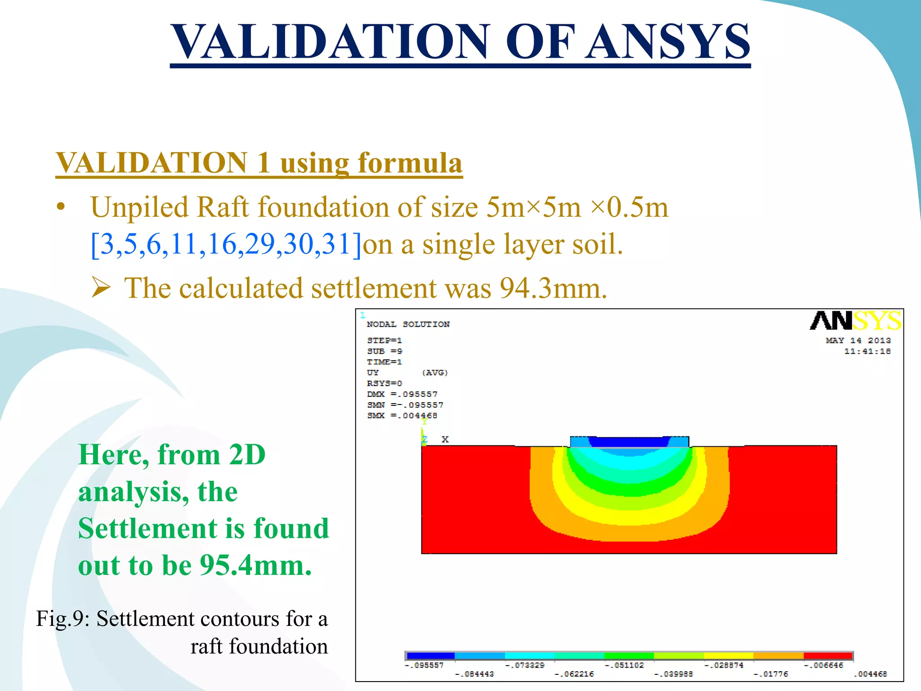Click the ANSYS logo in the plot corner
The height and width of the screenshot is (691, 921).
click(x=855, y=321)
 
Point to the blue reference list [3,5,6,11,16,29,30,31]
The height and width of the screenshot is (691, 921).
click(x=226, y=244)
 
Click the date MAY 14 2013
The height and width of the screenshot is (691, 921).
click(x=858, y=341)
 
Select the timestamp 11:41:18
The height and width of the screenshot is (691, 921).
click(x=867, y=351)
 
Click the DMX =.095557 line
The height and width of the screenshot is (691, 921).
click(x=402, y=394)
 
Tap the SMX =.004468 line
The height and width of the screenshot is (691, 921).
click(x=402, y=416)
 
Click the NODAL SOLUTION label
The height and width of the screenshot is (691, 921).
click(x=408, y=324)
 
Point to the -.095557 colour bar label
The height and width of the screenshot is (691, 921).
click(x=424, y=665)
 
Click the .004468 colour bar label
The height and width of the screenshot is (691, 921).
click(x=870, y=674)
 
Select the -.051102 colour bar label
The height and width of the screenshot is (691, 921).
click(x=624, y=665)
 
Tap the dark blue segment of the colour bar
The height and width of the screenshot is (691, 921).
click(x=430, y=656)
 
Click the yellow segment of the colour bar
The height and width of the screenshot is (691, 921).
click(x=728, y=656)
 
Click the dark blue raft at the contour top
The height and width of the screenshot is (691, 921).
click(x=629, y=442)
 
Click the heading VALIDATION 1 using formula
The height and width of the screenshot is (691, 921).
click(x=259, y=163)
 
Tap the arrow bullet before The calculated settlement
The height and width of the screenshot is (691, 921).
click(x=101, y=288)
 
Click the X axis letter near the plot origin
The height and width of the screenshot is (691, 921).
click(x=445, y=439)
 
